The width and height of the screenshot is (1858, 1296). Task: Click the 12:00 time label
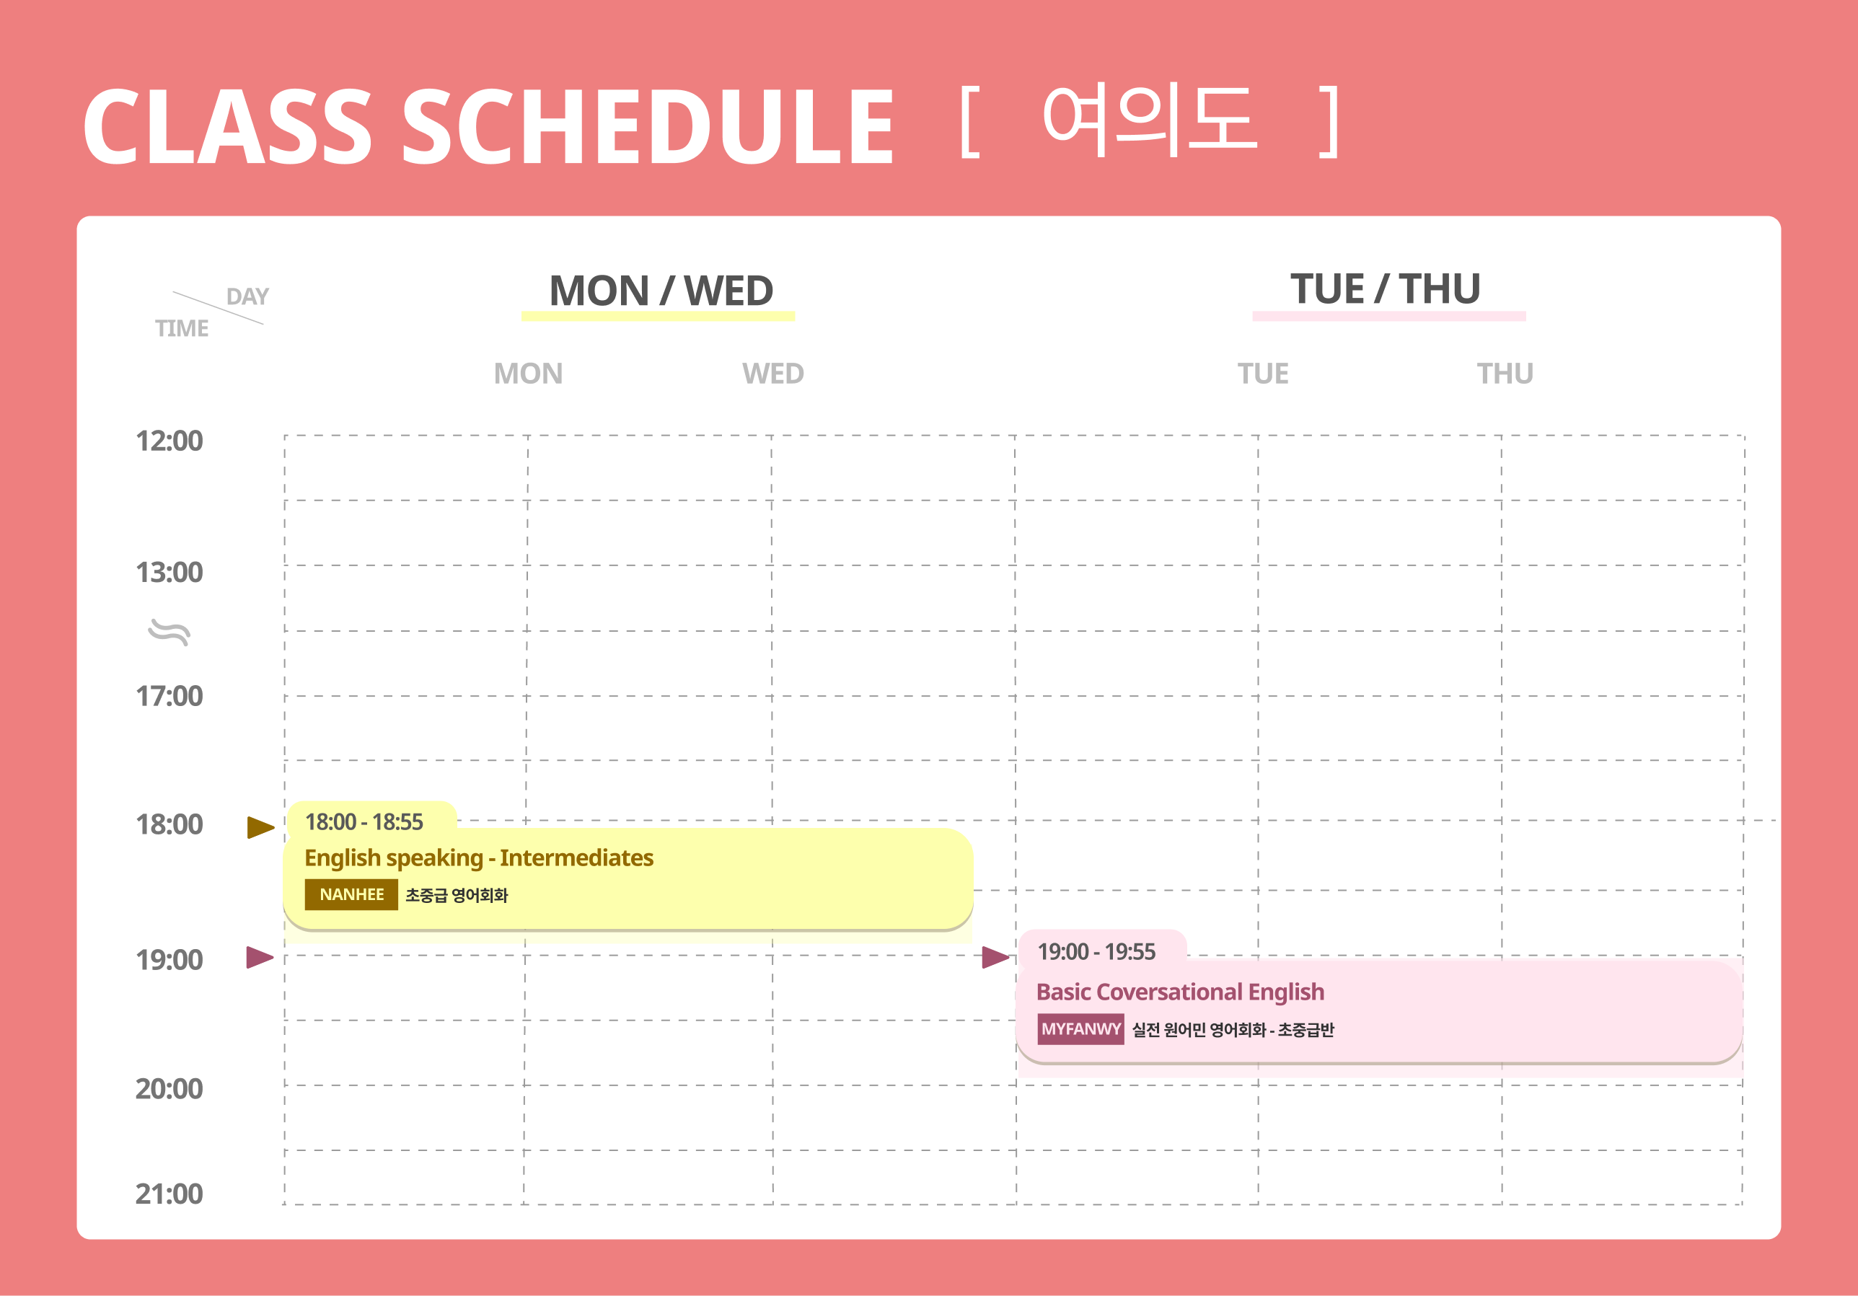pos(169,441)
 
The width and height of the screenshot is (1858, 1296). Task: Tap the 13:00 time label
pos(169,573)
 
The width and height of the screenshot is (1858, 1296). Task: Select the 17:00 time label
pos(169,697)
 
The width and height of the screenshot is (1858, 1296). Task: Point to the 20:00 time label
pos(169,1089)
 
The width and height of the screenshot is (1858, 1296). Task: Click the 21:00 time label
pos(169,1194)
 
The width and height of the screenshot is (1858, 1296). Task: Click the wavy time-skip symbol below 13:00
pos(169,632)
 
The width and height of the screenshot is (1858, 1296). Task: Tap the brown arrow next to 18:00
pos(260,826)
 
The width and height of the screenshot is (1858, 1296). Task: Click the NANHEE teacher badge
pos(351,895)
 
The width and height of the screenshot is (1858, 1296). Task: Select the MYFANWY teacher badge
pos(1081,1029)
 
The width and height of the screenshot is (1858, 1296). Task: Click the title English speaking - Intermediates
pos(479,858)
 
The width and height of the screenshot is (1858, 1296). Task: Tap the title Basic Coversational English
pos(1181,992)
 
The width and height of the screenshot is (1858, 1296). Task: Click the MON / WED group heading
pos(661,291)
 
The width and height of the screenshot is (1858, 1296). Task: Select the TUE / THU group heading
pos(1386,288)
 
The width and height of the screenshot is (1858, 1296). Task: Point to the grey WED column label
pos(772,374)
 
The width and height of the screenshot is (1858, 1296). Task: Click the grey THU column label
pos(1505,374)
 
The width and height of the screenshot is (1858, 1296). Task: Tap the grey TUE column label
pos(1263,374)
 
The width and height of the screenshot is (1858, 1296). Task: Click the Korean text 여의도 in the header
pos(1150,121)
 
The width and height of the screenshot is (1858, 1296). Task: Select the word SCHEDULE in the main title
pos(648,127)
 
